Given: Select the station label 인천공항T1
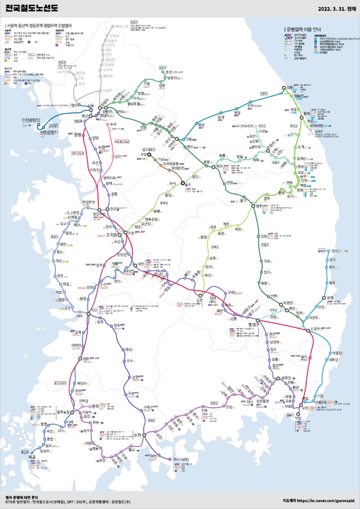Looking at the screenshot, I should pyautogui.click(x=50, y=133).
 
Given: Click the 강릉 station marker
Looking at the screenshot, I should pyautogui.click(x=284, y=88).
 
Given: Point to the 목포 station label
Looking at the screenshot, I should pyautogui.click(x=32, y=456).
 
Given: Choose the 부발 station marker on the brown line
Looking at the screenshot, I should pyautogui.click(x=150, y=155).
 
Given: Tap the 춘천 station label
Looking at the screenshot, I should pyautogui.click(x=170, y=72).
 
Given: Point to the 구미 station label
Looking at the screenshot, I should pyautogui.click(x=231, y=293).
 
